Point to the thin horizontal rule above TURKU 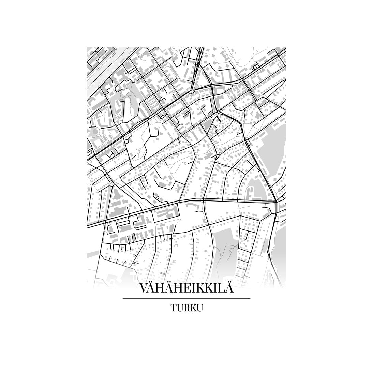point(186,299)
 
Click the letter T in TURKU point(174,308)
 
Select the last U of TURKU point(200,308)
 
